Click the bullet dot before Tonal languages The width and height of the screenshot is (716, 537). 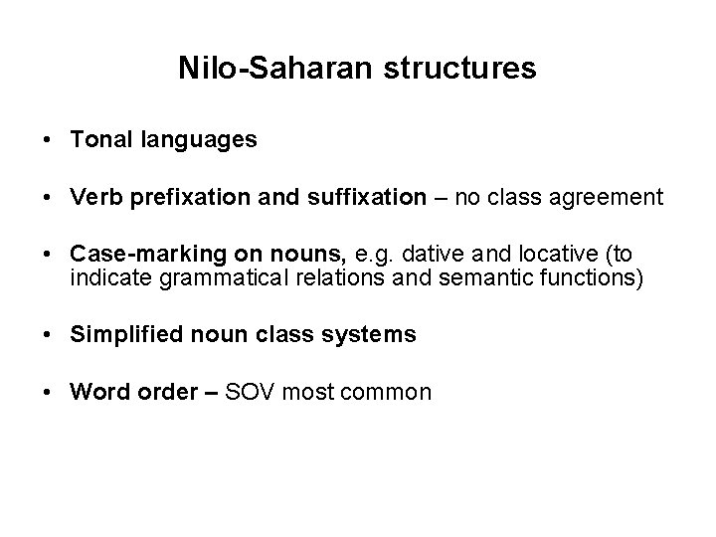[48, 141]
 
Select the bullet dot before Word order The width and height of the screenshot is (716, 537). [48, 392]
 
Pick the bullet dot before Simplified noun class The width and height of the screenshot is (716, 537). [48, 335]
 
